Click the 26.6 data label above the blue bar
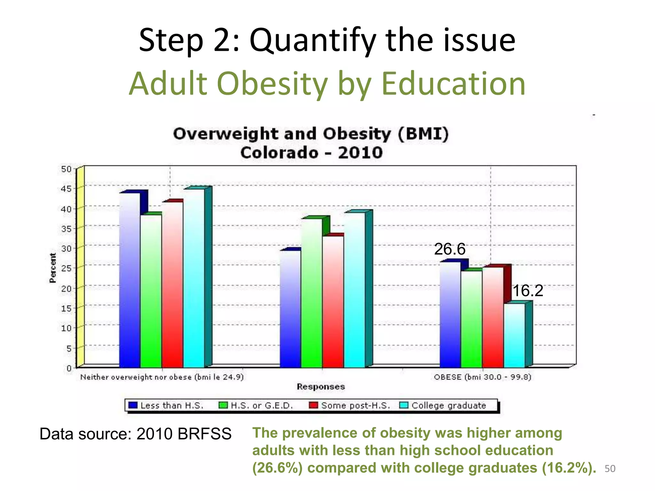pyautogui.click(x=449, y=249)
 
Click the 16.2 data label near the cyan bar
pyautogui.click(x=528, y=291)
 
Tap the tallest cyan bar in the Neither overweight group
pyautogui.click(x=194, y=278)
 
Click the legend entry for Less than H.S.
pyautogui.click(x=166, y=405)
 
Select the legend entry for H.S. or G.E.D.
pyautogui.click(x=256, y=405)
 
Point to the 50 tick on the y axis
pyautogui.click(x=66, y=169)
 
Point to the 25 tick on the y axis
pyautogui.click(x=66, y=268)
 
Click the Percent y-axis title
pyautogui.click(x=53, y=268)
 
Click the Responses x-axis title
pyautogui.click(x=321, y=387)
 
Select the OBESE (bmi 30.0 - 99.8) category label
pyautogui.click(x=482, y=377)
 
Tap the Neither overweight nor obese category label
pyautogui.click(x=162, y=377)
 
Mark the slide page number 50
pyautogui.click(x=610, y=469)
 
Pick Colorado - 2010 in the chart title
pyautogui.click(x=311, y=152)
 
